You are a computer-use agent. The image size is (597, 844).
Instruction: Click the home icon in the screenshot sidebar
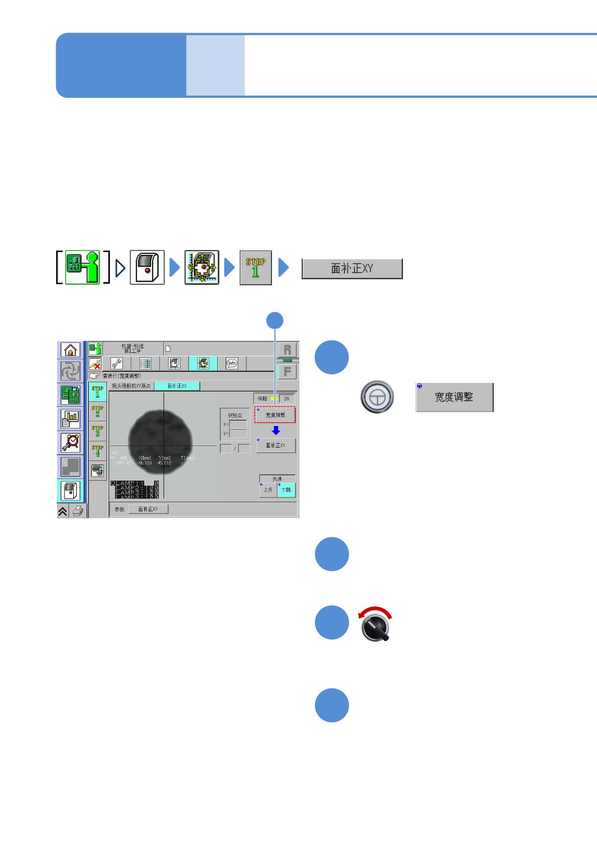70,350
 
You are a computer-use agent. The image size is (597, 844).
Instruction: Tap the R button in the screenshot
287,350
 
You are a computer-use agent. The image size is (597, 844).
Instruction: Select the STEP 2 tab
97,411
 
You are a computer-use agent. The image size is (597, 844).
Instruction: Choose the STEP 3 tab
97,431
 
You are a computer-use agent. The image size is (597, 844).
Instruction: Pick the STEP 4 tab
97,451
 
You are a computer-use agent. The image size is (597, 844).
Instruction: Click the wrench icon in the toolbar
116,363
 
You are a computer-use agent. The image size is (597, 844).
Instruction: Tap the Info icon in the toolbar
231,363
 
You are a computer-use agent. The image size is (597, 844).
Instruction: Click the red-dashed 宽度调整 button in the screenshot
275,415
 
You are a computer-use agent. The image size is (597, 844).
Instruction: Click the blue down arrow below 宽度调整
275,431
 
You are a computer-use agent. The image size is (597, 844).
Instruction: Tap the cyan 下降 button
286,490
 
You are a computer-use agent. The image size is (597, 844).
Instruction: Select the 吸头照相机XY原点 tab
131,386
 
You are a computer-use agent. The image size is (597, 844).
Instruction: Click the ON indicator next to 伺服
286,399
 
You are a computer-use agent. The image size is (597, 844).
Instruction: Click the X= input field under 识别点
238,425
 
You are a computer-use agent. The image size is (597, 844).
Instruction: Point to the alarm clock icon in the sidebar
71,442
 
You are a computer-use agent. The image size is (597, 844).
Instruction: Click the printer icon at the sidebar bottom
78,511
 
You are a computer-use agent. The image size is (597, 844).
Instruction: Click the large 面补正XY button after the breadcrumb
352,269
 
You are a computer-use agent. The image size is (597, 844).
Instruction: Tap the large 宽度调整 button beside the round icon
454,397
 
